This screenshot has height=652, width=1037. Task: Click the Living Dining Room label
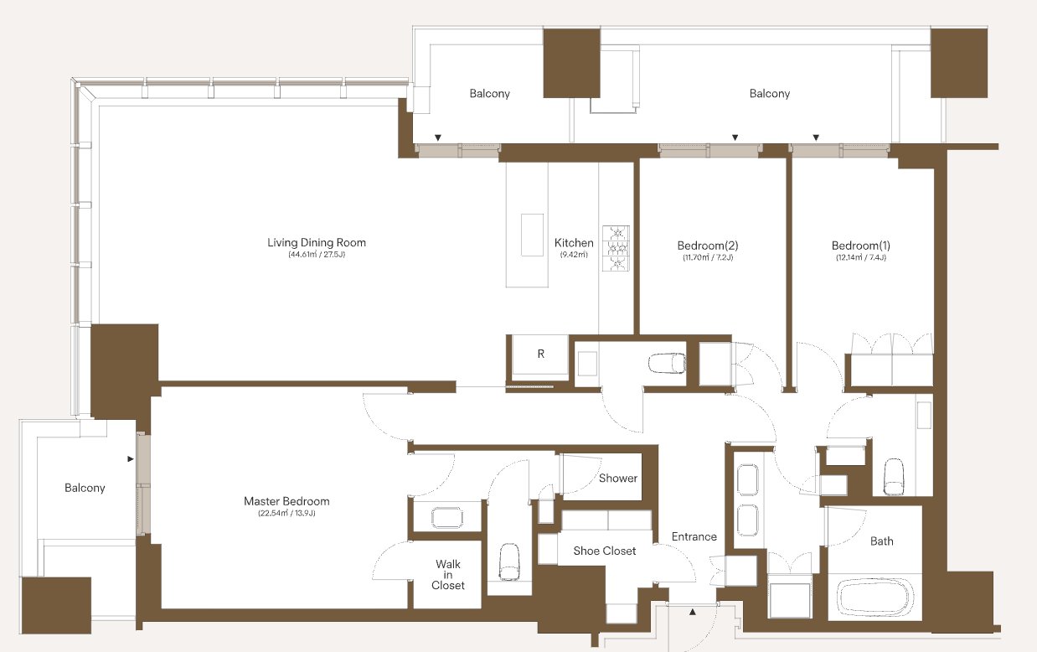pyautogui.click(x=317, y=243)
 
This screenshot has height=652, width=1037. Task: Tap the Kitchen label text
pyautogui.click(x=574, y=243)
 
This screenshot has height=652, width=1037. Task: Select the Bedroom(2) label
pyautogui.click(x=707, y=246)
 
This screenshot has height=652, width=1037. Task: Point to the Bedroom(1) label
pyautogui.click(x=860, y=246)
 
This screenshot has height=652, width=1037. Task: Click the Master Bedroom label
pyautogui.click(x=286, y=501)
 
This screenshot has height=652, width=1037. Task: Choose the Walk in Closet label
pyautogui.click(x=447, y=575)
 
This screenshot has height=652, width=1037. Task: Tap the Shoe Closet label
pyautogui.click(x=604, y=551)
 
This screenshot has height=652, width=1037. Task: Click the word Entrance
pyautogui.click(x=694, y=536)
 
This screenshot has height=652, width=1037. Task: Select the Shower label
pyautogui.click(x=618, y=478)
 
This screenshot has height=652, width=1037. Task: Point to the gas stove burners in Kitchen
pyautogui.click(x=616, y=248)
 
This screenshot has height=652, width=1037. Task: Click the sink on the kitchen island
pyautogui.click(x=532, y=235)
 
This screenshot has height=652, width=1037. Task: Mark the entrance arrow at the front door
pyautogui.click(x=693, y=612)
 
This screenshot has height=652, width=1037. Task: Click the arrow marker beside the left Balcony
pyautogui.click(x=131, y=459)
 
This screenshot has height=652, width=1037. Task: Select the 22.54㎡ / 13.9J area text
pyautogui.click(x=286, y=513)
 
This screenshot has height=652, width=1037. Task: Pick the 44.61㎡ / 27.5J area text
pyautogui.click(x=317, y=255)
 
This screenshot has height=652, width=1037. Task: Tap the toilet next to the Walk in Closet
pyautogui.click(x=509, y=561)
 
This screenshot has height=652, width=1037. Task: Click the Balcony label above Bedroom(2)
pyautogui.click(x=770, y=94)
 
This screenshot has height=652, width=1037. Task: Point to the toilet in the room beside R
pyautogui.click(x=667, y=364)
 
